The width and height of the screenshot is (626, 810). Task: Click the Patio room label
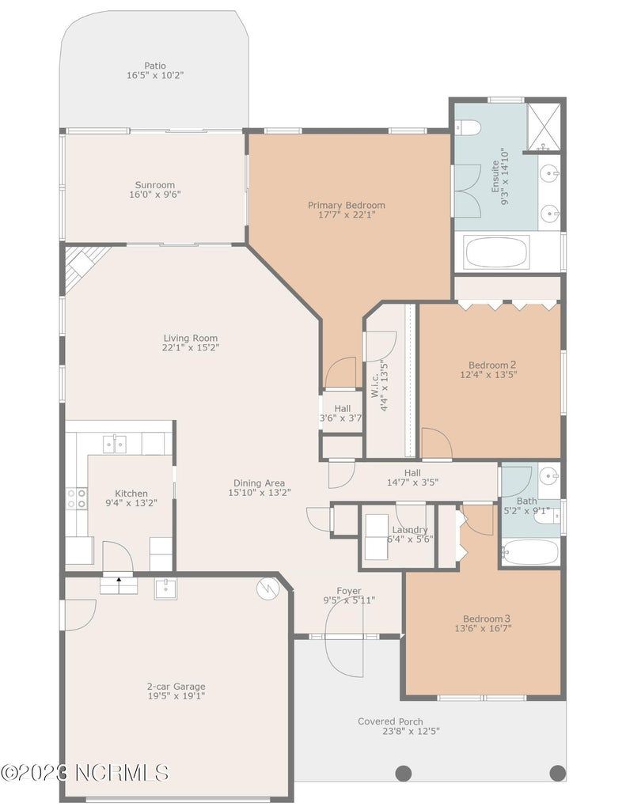pyautogui.click(x=155, y=66)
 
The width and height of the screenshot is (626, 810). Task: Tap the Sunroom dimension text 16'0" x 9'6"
pyautogui.click(x=155, y=195)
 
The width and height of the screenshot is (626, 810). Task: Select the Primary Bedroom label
pyautogui.click(x=347, y=205)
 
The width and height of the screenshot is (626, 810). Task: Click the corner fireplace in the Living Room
pyautogui.click(x=83, y=266)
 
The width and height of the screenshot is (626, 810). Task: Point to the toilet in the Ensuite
pyautogui.click(x=469, y=127)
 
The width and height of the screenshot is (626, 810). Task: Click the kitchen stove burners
pyautogui.click(x=77, y=498)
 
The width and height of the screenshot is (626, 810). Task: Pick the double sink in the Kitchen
pyautogui.click(x=115, y=444)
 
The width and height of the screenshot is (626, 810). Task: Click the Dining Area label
pyautogui.click(x=259, y=483)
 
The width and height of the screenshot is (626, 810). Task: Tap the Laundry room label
pyautogui.click(x=410, y=529)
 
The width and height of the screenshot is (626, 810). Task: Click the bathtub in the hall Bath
pyautogui.click(x=531, y=552)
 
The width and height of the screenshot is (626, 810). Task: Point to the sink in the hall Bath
pyautogui.click(x=549, y=475)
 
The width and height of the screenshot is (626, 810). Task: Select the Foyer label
pyautogui.click(x=349, y=590)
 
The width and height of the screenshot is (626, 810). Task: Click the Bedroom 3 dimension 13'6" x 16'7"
pyautogui.click(x=484, y=628)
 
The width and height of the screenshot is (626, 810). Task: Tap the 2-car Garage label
pyautogui.click(x=176, y=687)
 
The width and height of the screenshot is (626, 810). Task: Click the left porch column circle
pyautogui.click(x=404, y=774)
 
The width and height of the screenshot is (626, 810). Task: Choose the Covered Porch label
pyautogui.click(x=390, y=721)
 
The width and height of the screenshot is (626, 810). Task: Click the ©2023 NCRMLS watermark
pyautogui.click(x=85, y=773)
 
